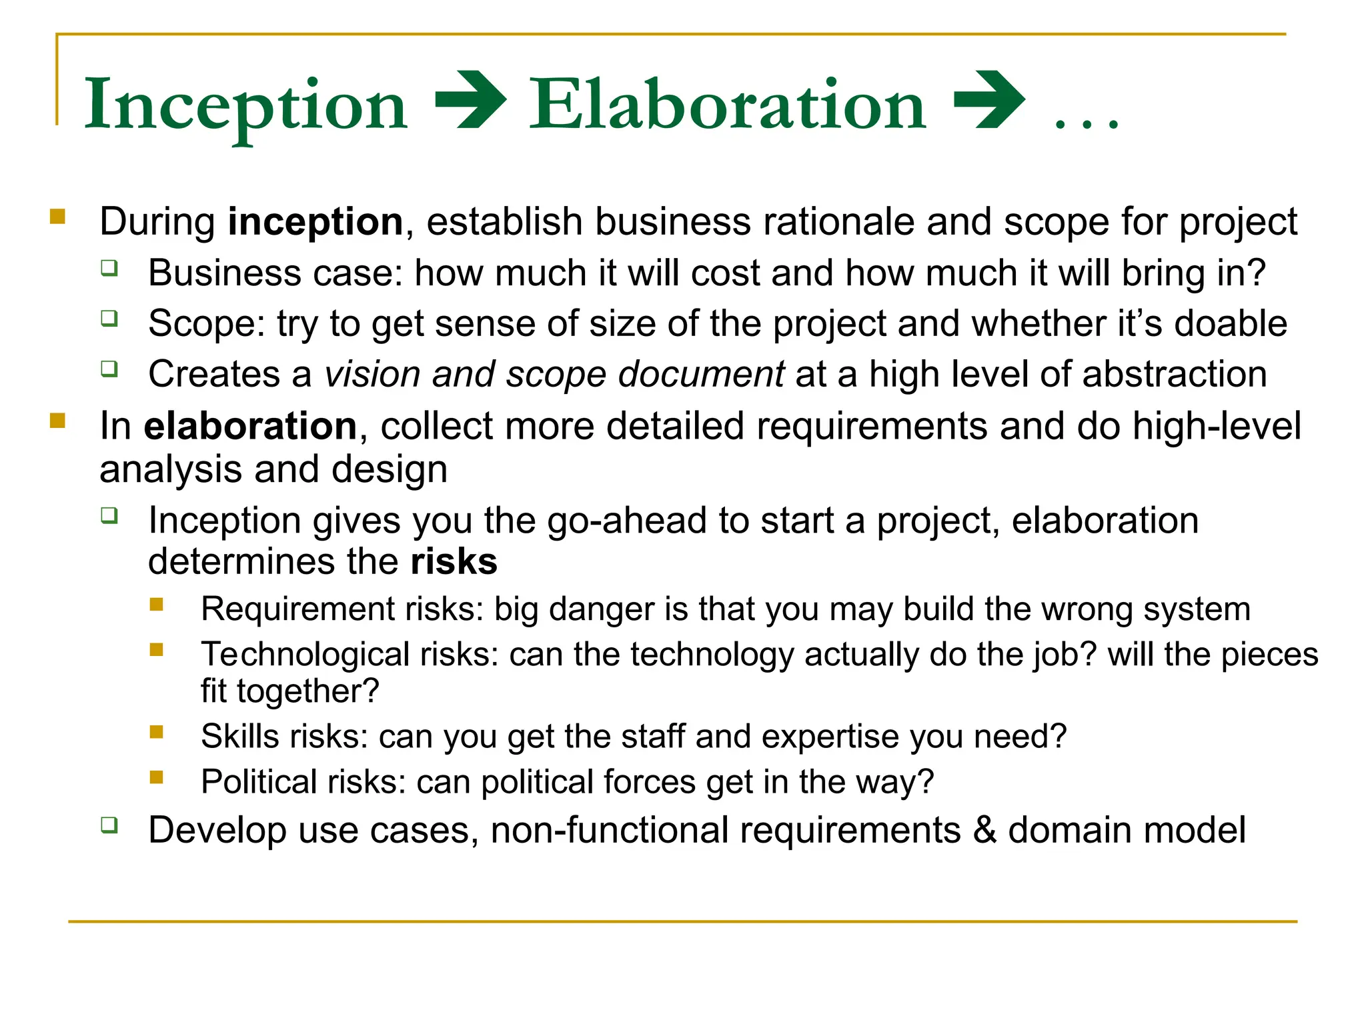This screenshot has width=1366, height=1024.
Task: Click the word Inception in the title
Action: point(245,105)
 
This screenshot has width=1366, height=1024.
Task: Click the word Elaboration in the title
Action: point(727,105)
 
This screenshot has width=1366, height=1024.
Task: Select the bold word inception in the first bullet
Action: point(315,221)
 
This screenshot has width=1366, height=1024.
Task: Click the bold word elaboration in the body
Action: point(250,426)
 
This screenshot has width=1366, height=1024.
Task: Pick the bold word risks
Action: point(454,561)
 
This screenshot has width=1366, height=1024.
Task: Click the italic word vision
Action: point(372,374)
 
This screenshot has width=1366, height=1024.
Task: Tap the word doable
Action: point(1230,324)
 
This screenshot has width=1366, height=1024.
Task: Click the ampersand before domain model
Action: point(984,831)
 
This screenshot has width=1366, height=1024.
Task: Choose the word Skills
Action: point(239,737)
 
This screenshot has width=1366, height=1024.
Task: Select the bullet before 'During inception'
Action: point(58,217)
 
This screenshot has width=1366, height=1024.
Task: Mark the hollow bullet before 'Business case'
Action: point(109,269)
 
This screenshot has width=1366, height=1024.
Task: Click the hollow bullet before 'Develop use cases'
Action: point(109,825)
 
